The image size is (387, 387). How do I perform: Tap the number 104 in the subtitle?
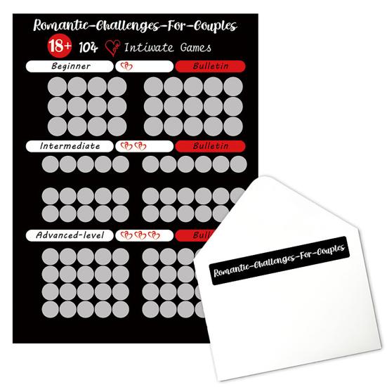(88, 48)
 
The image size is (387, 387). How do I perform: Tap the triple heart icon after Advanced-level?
(135, 235)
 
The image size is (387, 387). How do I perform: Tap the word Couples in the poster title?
(209, 27)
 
